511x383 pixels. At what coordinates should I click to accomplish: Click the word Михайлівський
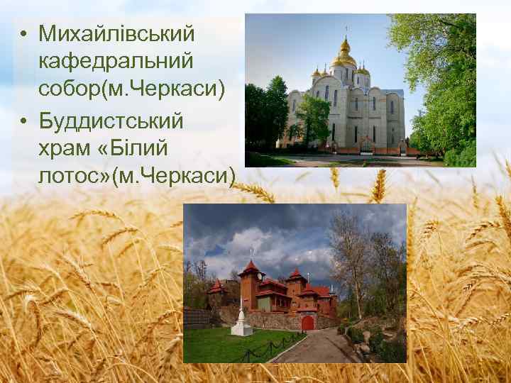tap(117, 33)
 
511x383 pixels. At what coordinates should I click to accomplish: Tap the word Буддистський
tap(111, 121)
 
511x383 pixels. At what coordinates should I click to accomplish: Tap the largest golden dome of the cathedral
tap(344, 58)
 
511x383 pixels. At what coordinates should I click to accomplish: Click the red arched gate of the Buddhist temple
tap(307, 323)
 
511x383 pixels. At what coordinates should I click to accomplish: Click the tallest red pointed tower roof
tap(250, 268)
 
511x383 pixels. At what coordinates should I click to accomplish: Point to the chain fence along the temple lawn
tap(270, 347)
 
